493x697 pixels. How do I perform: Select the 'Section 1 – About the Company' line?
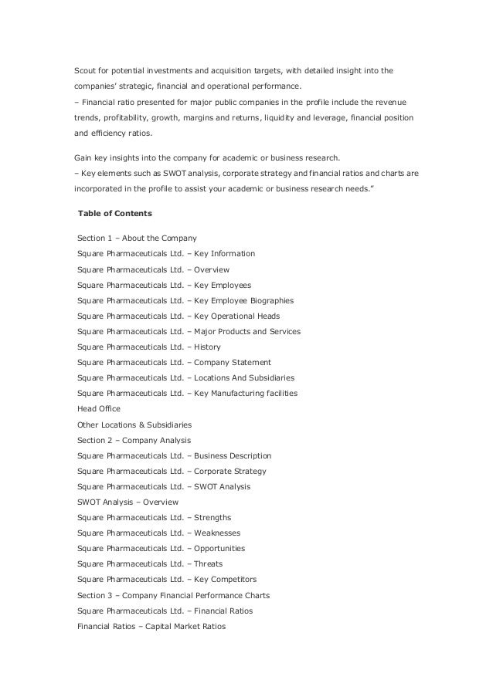coord(137,238)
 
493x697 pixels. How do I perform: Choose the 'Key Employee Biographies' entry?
coord(243,300)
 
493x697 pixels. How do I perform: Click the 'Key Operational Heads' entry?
coord(236,316)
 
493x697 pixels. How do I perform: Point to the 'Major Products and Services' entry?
coord(247,331)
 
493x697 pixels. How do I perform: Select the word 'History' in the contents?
coord(207,347)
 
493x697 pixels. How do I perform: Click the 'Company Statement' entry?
coord(232,363)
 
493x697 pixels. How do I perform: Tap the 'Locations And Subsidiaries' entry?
coord(243,378)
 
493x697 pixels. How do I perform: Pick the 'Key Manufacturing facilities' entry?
coord(246,394)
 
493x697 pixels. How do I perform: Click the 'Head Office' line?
coord(99,409)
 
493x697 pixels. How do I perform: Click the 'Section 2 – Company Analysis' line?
coord(134,441)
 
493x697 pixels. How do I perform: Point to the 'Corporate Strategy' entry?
coord(229,472)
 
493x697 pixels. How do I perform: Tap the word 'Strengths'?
coord(212,517)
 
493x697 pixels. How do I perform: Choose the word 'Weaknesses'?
coord(217,533)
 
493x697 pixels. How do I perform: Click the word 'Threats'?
coord(208,564)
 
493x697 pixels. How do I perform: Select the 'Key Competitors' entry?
coord(225,580)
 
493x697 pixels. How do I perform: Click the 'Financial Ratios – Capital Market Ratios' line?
coord(151,627)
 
